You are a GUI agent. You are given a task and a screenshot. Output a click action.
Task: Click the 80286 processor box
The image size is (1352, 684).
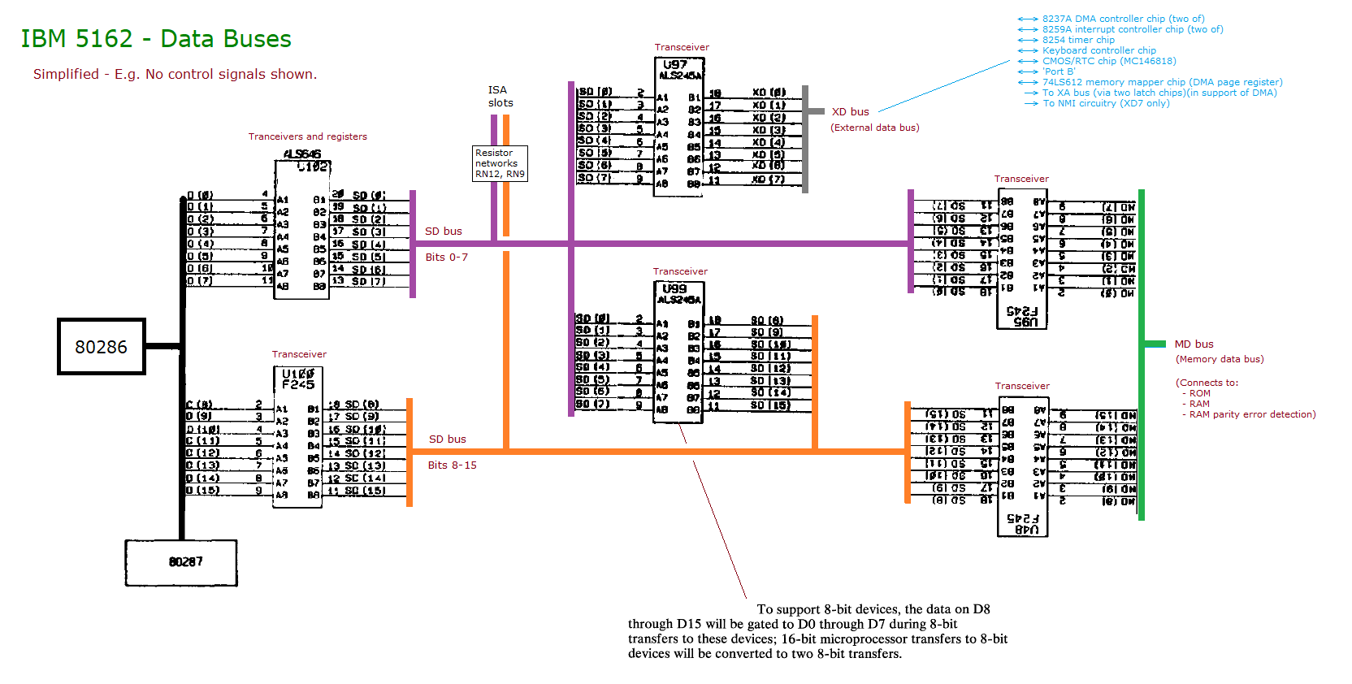tap(102, 347)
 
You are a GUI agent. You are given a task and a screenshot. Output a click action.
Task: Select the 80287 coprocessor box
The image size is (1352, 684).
tap(181, 562)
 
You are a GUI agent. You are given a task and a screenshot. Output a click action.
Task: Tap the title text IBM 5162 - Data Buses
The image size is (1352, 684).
tap(155, 39)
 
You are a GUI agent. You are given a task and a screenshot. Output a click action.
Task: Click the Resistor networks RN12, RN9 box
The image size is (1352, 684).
tap(500, 163)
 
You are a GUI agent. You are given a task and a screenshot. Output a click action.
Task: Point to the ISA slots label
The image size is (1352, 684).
tap(500, 97)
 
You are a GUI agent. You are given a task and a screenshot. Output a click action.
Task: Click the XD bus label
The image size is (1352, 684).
tap(850, 112)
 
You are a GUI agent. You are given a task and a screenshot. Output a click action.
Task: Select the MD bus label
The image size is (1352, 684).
tap(1194, 344)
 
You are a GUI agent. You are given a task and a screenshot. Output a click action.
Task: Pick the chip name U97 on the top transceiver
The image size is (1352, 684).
tap(675, 64)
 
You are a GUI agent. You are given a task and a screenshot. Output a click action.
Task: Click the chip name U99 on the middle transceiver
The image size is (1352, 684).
tap(674, 288)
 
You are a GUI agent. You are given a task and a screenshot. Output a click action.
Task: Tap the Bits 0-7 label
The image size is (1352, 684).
tap(446, 258)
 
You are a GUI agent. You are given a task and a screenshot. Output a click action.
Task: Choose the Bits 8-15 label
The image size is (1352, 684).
tap(452, 465)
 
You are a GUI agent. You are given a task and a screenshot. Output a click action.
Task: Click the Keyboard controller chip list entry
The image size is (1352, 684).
tap(1098, 50)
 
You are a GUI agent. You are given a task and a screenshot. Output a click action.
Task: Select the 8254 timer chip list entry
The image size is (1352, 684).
tap(1078, 40)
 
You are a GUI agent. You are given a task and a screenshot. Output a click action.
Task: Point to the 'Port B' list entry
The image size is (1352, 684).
tap(1058, 71)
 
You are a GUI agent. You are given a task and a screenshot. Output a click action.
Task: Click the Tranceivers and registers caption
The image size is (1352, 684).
tap(307, 136)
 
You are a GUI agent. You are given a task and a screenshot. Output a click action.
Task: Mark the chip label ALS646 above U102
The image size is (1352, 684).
tap(301, 154)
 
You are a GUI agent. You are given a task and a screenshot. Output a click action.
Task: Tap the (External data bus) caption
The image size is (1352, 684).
tap(874, 128)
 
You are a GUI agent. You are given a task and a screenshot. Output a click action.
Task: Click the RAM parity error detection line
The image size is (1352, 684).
tap(1252, 414)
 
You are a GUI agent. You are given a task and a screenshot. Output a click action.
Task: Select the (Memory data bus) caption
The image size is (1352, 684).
tap(1219, 359)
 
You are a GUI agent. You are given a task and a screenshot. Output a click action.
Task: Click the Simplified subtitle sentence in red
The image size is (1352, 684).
tap(175, 74)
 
